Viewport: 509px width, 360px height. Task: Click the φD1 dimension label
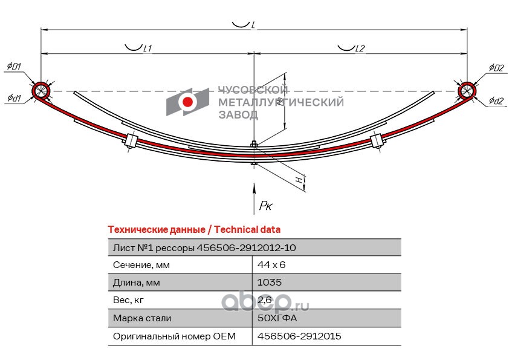(x=14, y=67)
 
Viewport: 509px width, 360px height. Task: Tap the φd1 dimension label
(x=14, y=97)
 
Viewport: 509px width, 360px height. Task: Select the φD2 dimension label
(x=497, y=67)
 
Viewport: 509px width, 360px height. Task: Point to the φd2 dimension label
(x=496, y=100)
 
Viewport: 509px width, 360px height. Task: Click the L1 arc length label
(x=148, y=48)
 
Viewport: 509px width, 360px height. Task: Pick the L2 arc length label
(x=360, y=48)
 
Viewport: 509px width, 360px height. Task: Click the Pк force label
(x=265, y=206)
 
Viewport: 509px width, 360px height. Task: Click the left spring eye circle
(x=41, y=91)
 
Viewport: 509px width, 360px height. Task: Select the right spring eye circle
(x=467, y=91)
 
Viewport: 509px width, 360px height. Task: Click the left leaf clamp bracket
(x=131, y=140)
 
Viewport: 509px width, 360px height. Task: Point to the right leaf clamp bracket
(x=377, y=141)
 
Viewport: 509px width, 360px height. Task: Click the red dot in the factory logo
(x=187, y=102)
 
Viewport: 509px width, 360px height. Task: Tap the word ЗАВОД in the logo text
(x=239, y=115)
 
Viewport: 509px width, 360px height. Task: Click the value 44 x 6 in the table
(x=271, y=265)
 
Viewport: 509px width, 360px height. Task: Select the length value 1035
(x=270, y=282)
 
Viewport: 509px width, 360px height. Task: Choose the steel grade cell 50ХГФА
(x=277, y=318)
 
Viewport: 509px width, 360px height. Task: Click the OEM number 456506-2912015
(x=299, y=336)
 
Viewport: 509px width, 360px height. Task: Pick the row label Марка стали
(x=142, y=318)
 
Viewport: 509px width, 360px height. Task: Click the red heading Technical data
(x=247, y=230)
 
